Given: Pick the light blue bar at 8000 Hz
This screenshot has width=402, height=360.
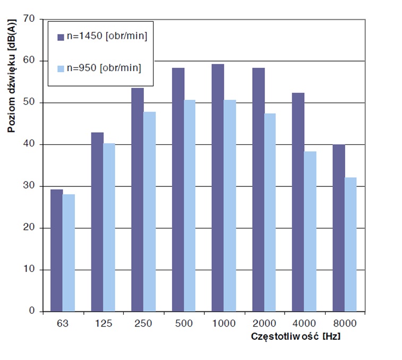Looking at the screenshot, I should tap(350, 244).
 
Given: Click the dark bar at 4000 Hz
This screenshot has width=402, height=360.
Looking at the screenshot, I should tap(298, 202).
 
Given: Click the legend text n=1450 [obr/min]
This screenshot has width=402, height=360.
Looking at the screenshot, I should tap(106, 36).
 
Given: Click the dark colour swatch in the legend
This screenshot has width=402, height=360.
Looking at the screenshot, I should tap(61, 37).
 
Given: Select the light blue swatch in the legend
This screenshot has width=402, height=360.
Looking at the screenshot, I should tap(61, 68).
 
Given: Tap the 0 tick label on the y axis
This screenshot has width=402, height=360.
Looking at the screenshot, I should tap(31, 311).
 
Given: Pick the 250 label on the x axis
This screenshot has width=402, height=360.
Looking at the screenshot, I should tap(143, 323).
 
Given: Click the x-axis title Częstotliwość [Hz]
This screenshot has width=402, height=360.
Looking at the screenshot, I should tap(296, 337).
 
